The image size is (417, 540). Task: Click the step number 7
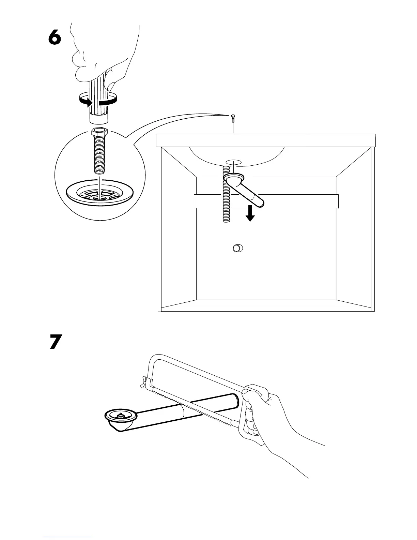56,342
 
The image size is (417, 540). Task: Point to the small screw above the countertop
233,118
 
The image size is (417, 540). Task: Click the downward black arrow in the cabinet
250,214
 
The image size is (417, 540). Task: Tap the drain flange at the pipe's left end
121,416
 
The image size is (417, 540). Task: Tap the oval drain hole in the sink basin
233,162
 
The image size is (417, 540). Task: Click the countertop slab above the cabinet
266,140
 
